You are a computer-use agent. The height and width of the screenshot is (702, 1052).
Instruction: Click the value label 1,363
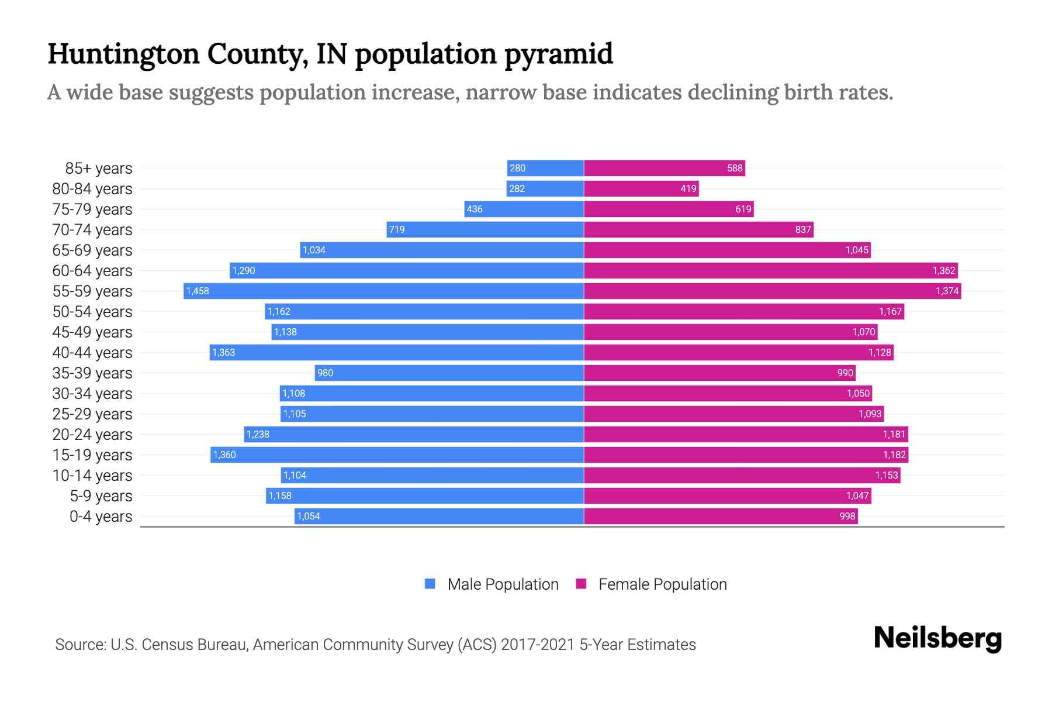coord(224,352)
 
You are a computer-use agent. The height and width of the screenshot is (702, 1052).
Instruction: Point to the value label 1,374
coord(947,291)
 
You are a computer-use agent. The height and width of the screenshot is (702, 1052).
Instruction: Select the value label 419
coord(688,189)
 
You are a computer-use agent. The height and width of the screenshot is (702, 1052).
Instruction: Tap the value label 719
coord(397,229)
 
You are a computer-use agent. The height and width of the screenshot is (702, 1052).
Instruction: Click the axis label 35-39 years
coord(92,373)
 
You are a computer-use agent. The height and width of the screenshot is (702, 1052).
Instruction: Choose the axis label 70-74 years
coord(92,230)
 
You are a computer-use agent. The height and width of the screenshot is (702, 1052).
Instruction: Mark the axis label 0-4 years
coord(101,517)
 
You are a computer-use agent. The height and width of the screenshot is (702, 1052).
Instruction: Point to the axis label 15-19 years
coord(92,455)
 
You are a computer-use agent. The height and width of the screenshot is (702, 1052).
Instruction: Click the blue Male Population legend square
coord(430,584)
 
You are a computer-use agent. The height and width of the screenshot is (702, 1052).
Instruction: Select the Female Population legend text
coord(662,584)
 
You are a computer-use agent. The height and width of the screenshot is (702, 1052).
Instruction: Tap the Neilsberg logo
coord(937,638)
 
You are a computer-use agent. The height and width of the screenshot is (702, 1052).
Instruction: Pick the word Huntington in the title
coord(123,54)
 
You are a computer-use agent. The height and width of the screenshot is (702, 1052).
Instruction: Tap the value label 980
coord(325,373)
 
